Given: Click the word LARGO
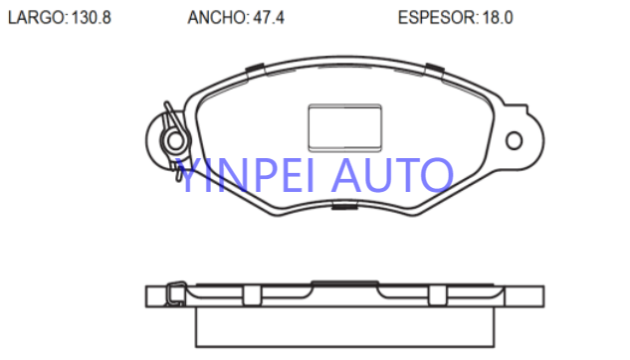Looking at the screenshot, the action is (36, 18).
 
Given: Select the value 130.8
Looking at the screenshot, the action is (91, 18).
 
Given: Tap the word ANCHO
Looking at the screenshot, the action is (217, 18).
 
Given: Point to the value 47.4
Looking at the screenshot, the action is (269, 18).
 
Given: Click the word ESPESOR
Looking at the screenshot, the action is (436, 18).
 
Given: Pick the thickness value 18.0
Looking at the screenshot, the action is (498, 18).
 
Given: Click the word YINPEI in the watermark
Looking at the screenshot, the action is (245, 175).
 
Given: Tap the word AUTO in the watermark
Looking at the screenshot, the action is (392, 175).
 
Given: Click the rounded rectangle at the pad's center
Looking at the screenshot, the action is (344, 127).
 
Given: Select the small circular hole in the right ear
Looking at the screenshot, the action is (514, 141).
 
